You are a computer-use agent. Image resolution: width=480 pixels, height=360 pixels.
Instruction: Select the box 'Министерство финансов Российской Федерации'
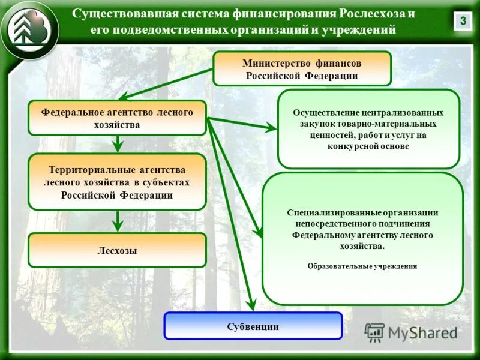pos(302,68)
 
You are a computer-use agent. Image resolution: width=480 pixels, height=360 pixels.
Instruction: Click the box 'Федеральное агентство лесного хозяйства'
pos(117,118)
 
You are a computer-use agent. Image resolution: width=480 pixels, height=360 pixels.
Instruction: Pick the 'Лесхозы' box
pos(117,250)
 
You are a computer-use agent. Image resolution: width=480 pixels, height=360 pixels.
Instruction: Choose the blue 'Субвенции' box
pos(253,326)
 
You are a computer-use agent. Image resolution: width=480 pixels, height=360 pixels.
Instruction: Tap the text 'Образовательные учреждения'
pos(362,266)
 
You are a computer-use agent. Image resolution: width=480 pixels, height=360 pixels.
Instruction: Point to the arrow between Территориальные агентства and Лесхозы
pos(118,221)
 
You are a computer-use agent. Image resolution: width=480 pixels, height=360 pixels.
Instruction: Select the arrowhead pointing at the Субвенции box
pos(254,304)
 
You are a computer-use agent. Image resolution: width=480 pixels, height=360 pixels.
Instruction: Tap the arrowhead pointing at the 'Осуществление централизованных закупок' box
pos(271,128)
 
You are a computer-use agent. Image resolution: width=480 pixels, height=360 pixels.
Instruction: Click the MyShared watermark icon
pos(374,332)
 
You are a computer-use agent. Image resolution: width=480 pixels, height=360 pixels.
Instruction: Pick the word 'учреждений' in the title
pos(364,29)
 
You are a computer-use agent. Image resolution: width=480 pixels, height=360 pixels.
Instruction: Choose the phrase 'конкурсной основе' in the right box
pos(368,146)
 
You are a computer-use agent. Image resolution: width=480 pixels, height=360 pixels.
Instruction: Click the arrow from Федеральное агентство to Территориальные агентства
pos(118,143)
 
